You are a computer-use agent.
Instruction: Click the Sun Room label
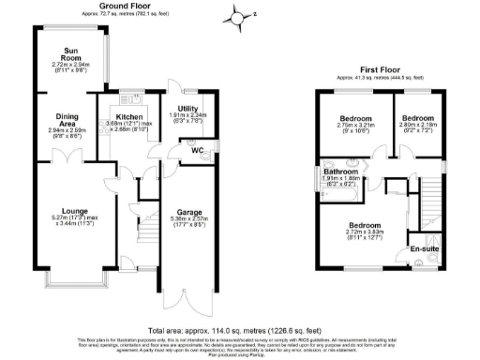(70, 53)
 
